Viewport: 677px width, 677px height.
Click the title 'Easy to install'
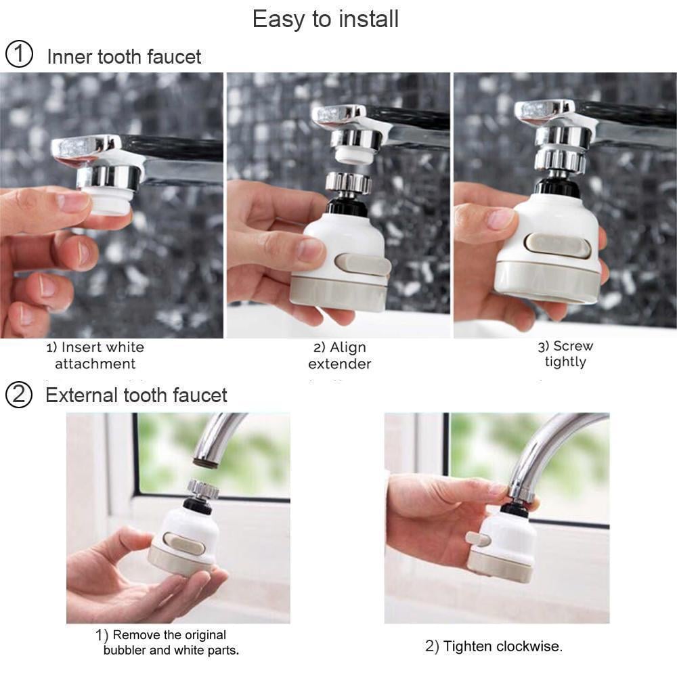(325, 19)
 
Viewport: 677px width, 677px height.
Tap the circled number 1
(18, 55)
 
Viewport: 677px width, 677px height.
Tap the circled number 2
(18, 395)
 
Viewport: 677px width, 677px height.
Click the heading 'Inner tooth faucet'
(124, 56)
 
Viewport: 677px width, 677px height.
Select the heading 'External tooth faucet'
(136, 395)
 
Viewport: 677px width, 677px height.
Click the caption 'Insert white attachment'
(95, 355)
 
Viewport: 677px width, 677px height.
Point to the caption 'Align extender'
(339, 355)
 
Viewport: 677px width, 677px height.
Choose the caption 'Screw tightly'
(565, 354)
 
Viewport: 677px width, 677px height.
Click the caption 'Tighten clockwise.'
(494, 646)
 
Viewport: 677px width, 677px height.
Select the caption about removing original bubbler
(171, 642)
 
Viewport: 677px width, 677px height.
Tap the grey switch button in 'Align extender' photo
(362, 264)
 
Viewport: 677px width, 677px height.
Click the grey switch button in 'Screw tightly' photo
(559, 245)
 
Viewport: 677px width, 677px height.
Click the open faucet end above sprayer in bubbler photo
(205, 462)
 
